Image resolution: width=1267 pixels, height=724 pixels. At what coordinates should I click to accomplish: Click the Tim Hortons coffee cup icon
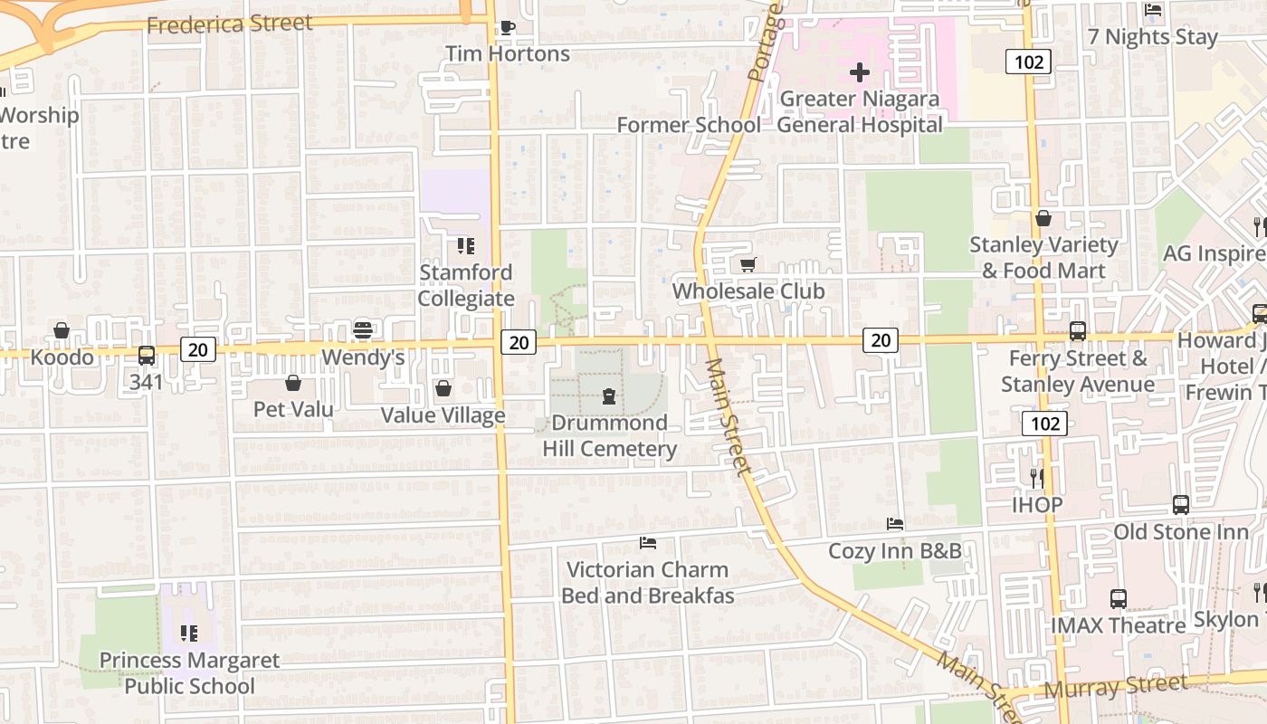507,27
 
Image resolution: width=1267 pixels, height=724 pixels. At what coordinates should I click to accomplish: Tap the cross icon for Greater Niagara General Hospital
859,72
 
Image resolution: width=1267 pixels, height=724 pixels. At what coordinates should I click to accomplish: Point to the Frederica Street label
229,24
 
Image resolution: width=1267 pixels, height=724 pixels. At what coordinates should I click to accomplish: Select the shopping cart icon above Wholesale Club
748,265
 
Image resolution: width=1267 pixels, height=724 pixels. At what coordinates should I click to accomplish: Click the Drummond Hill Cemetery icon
609,396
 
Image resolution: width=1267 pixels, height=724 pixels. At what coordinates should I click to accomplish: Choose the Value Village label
443,415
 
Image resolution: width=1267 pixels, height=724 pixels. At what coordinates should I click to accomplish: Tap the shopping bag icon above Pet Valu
292,383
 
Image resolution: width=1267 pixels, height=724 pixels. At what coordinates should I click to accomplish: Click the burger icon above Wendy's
363,330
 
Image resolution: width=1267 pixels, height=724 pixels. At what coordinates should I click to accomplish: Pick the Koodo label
62,357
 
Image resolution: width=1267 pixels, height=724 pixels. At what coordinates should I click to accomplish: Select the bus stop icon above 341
146,356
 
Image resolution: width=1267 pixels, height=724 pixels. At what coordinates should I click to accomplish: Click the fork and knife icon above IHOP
1037,477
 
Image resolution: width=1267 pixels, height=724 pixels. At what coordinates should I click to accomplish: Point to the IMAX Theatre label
1118,625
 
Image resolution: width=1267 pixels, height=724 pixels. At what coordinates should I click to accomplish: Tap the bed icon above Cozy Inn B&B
894,524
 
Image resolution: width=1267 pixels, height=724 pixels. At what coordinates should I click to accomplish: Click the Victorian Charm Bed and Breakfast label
647,583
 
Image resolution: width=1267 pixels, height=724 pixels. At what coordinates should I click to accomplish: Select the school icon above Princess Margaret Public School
188,633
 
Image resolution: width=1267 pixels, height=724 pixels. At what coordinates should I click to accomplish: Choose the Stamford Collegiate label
466,285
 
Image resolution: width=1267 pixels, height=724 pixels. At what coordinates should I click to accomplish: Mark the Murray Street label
1114,687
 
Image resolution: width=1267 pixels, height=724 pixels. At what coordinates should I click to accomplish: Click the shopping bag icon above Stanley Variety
1043,218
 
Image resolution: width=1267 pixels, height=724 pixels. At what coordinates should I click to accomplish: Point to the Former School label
689,125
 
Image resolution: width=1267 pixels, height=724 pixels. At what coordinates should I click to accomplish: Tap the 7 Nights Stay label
1152,37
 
